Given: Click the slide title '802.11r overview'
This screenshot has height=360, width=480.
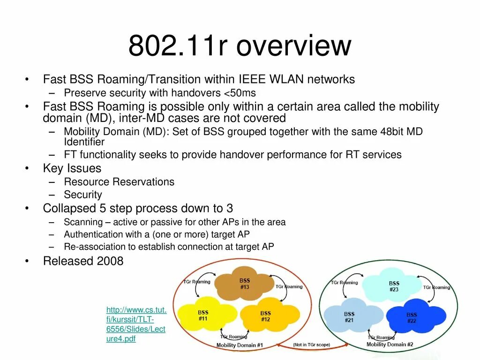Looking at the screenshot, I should click(240, 45).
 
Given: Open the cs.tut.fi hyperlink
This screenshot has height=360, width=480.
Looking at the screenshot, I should click(136, 324).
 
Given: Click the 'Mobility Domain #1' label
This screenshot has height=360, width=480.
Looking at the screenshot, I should click(240, 345).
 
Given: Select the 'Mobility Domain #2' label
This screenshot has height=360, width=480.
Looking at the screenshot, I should click(390, 345).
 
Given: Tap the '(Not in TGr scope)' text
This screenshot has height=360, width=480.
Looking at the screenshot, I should click(312, 345).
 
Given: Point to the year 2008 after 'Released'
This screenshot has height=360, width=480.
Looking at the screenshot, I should click(110, 261).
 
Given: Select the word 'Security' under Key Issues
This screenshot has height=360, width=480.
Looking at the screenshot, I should click(83, 195).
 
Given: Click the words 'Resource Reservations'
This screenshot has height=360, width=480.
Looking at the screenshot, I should click(119, 182).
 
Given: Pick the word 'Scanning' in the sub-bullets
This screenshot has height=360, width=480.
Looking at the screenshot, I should click(83, 222).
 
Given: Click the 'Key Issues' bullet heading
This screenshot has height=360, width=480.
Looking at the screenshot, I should click(72, 168).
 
